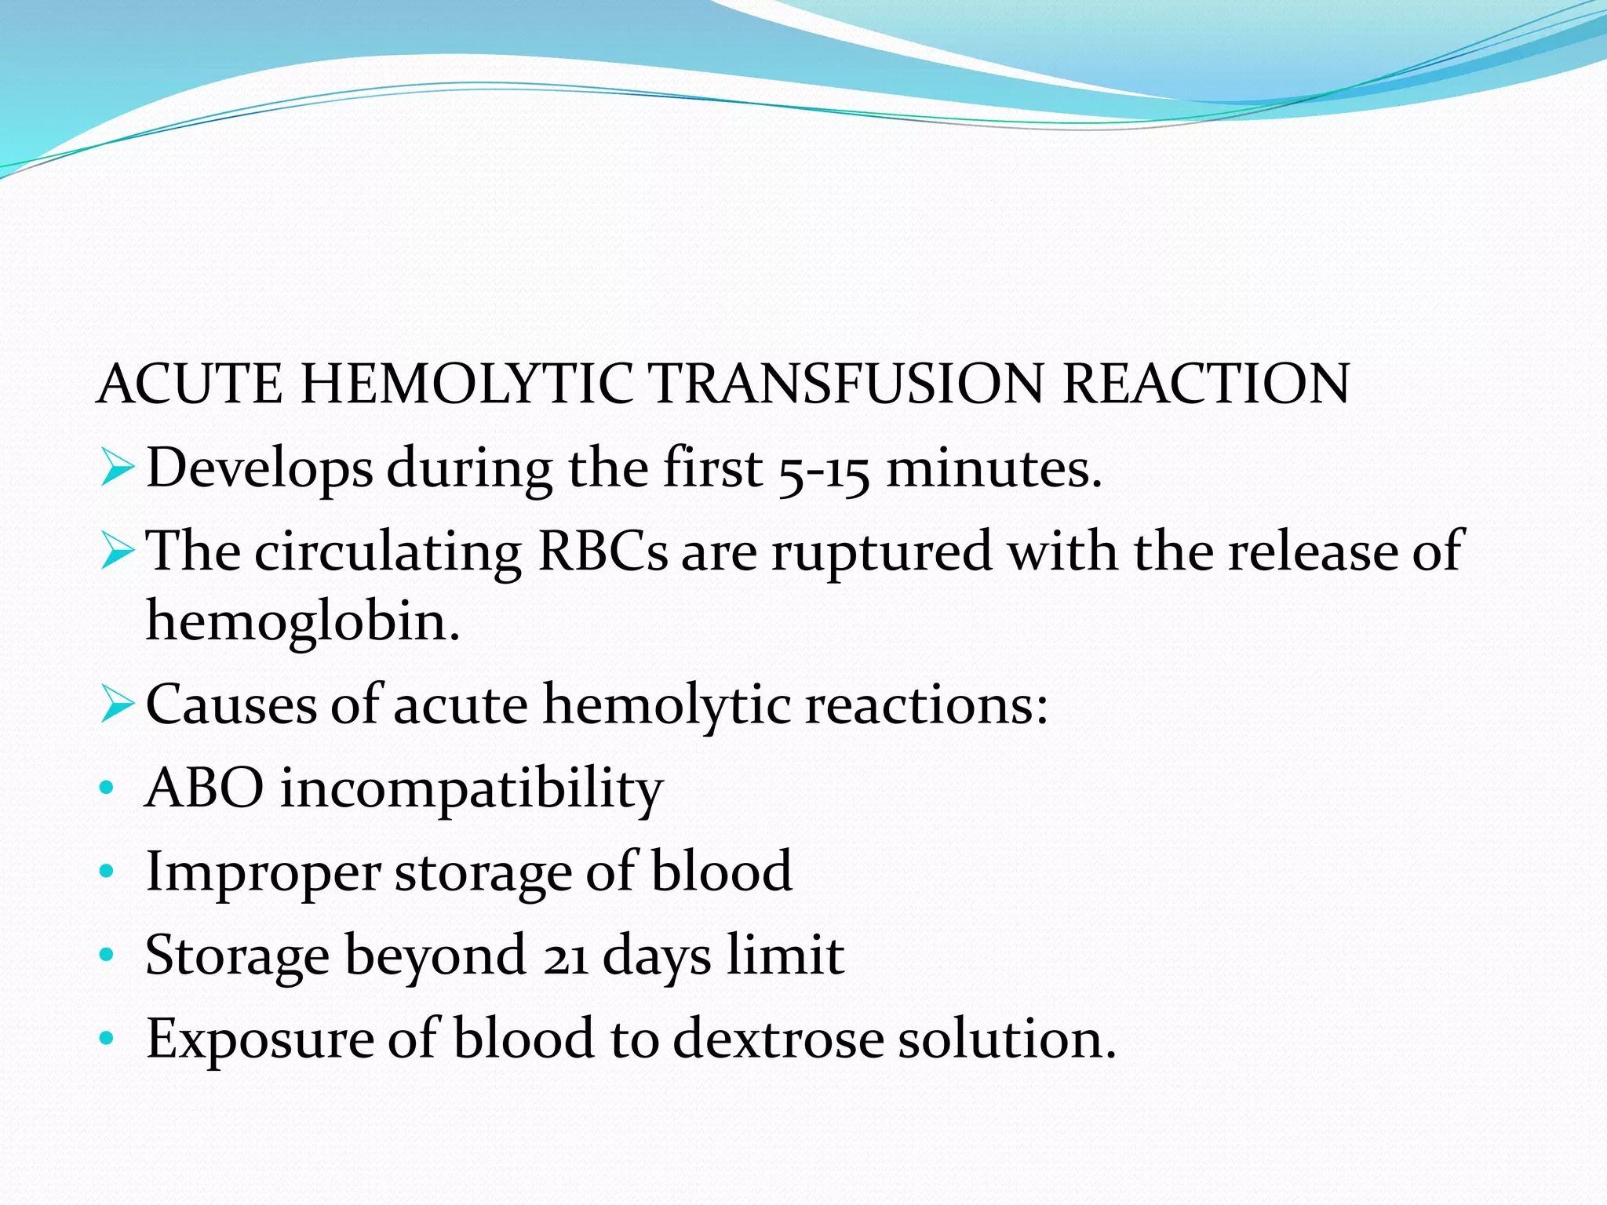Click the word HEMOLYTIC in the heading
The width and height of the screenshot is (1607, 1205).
tap(466, 384)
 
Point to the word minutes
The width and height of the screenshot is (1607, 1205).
tap(994, 469)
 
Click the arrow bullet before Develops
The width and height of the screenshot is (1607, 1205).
tap(118, 469)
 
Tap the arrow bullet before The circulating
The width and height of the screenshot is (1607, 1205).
tap(118, 553)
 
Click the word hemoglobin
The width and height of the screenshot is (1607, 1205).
tap(303, 622)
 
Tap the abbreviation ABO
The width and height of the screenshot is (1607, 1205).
tap(205, 788)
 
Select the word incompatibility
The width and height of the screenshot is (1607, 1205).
tap(472, 789)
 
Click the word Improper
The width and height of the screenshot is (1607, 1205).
tap(263, 873)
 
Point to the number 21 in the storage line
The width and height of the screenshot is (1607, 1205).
tap(565, 957)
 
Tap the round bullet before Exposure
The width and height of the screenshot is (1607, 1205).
tap(107, 1039)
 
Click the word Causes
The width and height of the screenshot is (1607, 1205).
tap(231, 704)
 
